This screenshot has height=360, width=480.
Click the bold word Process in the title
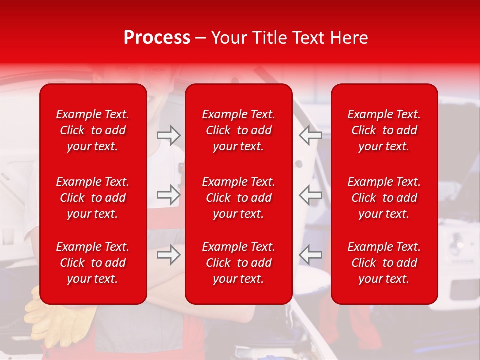(157, 38)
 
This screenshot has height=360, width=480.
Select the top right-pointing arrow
(168, 135)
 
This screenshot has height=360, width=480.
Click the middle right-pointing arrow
(168, 195)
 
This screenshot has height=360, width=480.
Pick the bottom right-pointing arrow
(168, 255)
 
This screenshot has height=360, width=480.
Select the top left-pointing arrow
(310, 135)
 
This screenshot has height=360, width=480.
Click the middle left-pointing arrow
(310, 195)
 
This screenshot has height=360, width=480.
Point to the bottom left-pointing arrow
(310, 255)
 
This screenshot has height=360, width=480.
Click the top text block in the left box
(93, 130)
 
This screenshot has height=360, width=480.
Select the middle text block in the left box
(93, 198)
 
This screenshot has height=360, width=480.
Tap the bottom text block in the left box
(93, 263)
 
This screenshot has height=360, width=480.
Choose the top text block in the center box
(239, 130)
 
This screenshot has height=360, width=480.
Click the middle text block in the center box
(239, 198)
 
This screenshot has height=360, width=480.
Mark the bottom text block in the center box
(239, 263)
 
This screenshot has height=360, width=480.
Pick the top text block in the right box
(384, 130)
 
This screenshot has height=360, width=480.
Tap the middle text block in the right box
(384, 198)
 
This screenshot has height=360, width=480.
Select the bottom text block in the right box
(384, 263)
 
